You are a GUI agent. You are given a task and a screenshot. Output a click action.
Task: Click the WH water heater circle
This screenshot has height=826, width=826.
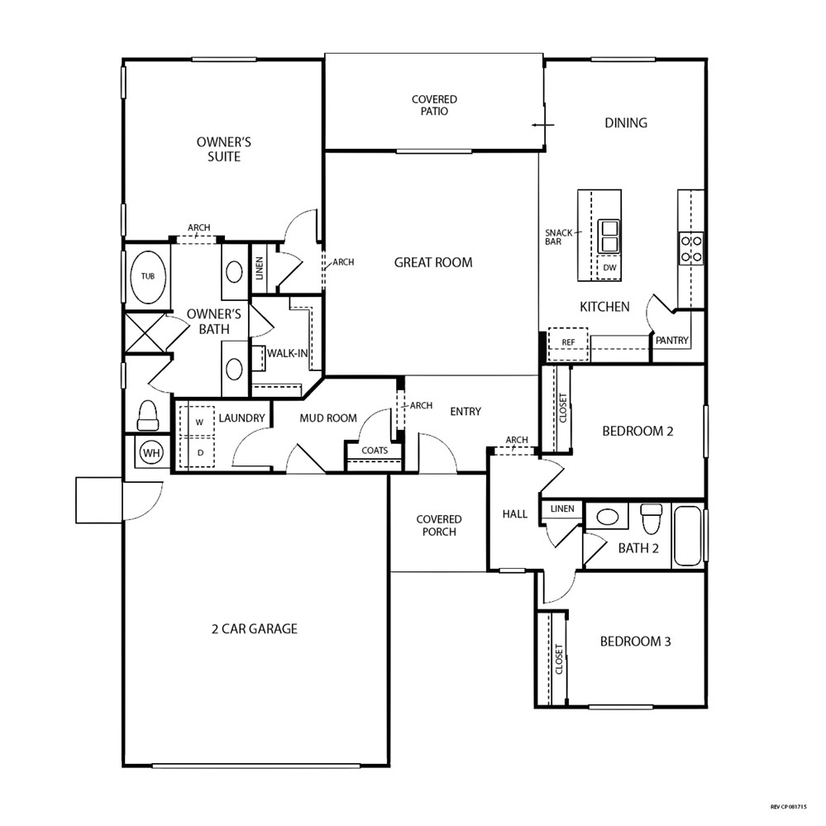point(151,452)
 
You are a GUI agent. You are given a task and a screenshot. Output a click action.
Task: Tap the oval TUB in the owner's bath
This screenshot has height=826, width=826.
point(147,276)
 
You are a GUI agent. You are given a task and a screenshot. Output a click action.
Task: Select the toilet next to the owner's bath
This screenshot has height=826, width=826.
point(147,415)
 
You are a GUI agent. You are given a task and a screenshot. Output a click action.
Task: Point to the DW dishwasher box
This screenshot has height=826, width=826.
point(609,268)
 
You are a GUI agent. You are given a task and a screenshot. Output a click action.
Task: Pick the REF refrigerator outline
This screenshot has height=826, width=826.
point(568,343)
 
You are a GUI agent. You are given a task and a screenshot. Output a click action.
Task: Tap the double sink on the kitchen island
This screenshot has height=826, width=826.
point(609,236)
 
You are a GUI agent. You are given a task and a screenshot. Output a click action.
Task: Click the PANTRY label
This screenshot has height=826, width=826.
point(671,341)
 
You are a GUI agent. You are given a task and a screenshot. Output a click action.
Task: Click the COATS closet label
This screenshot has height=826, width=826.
point(375,451)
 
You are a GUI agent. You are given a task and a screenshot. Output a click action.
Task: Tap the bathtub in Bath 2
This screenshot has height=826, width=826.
point(688,535)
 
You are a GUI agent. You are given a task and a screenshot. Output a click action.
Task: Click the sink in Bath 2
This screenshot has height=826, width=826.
point(608,516)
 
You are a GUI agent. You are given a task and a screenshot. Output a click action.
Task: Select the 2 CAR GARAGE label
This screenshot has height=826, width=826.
point(255,628)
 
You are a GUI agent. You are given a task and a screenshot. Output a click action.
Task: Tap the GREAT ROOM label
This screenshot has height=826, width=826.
point(433,262)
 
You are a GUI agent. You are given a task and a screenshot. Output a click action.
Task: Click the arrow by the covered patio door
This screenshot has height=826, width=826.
point(542,126)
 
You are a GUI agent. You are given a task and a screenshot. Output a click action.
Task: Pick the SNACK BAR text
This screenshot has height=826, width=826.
point(558,237)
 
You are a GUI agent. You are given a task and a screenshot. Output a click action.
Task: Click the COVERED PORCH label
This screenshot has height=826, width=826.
point(439,526)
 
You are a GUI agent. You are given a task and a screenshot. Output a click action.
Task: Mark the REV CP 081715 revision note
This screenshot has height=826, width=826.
point(788,806)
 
